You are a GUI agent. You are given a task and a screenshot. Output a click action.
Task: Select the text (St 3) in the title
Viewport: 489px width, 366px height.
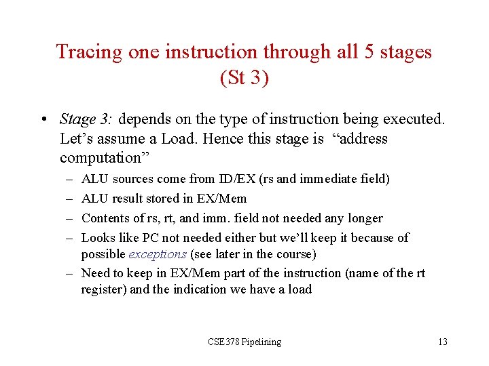pyautogui.click(x=244, y=78)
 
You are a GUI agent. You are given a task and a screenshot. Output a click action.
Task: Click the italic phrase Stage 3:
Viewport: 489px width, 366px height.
pyautogui.click(x=86, y=120)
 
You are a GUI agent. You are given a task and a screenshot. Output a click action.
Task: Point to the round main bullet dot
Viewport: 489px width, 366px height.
pyautogui.click(x=43, y=121)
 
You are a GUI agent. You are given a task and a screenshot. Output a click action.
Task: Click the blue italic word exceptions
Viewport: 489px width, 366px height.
pyautogui.click(x=158, y=254)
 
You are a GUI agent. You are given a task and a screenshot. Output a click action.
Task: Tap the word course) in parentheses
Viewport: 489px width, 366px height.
pyautogui.click(x=297, y=254)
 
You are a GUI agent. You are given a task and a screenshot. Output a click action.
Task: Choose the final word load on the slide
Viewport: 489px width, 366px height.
pyautogui.click(x=300, y=289)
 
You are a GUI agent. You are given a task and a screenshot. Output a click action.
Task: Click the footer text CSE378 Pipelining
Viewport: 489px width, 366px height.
pyautogui.click(x=244, y=342)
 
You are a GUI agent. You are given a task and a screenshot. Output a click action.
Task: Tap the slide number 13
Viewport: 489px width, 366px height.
pyautogui.click(x=442, y=342)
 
